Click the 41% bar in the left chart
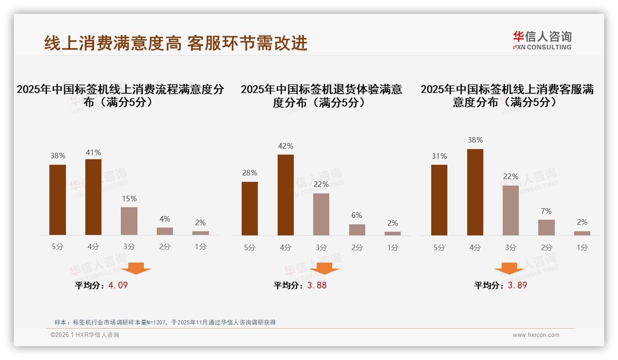pyautogui.click(x=93, y=197)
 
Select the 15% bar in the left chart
pyautogui.click(x=129, y=221)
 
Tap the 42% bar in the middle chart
pyautogui.click(x=285, y=195)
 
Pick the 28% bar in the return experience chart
pyautogui.click(x=250, y=209)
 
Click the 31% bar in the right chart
pyautogui.click(x=439, y=200)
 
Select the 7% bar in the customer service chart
pyautogui.click(x=547, y=228)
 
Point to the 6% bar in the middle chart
pyautogui.click(x=357, y=230)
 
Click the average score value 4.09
pyautogui.click(x=118, y=285)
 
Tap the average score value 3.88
pyautogui.click(x=317, y=285)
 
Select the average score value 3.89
pyautogui.click(x=517, y=285)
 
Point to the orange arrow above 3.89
pyautogui.click(x=509, y=268)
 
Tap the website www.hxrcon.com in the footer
pyautogui.click(x=536, y=335)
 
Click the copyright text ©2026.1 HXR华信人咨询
pyautogui.click(x=85, y=335)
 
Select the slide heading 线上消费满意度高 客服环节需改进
pyautogui.click(x=176, y=43)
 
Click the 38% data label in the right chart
pyautogui.click(x=475, y=140)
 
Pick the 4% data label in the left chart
pyautogui.click(x=165, y=219)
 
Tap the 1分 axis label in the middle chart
pyautogui.click(x=392, y=247)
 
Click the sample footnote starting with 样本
pyautogui.click(x=165, y=322)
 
